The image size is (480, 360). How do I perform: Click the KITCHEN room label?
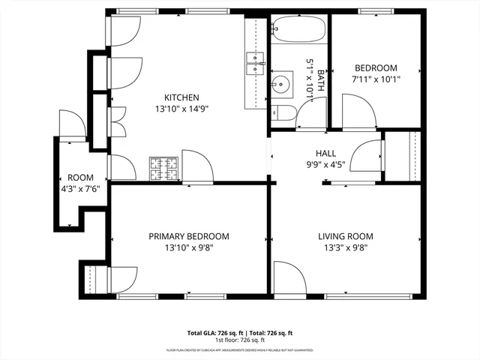point(182,97)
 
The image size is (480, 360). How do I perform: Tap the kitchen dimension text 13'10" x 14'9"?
point(182,109)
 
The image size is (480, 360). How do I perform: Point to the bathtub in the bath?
point(298,29)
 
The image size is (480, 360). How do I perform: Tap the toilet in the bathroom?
point(283,112)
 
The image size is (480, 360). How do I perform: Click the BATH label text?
point(321,81)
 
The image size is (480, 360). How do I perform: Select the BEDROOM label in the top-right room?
point(375,67)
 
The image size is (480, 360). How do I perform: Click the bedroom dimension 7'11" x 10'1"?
point(375,78)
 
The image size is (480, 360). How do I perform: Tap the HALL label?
point(325,154)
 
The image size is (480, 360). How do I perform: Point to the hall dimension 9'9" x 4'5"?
point(325,165)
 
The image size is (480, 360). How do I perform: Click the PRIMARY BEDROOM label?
point(189,236)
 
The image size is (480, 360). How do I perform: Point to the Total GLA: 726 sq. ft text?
point(212,332)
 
